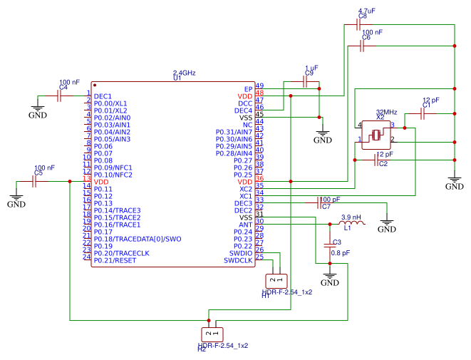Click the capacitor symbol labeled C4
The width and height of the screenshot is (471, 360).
coord(61,95)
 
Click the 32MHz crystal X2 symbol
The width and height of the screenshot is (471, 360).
coord(375,133)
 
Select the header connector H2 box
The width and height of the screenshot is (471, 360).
coord(211,333)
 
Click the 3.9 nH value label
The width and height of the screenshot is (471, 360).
coord(351,217)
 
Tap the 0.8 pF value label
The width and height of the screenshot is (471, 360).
coord(341,252)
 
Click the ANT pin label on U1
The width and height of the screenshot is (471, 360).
coord(245,225)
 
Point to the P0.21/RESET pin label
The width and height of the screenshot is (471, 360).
coord(115,260)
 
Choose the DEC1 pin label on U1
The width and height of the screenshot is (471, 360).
coord(103,96)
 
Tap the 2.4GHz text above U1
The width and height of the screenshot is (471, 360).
coord(185,73)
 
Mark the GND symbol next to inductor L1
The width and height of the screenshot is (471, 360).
coord(386,227)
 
